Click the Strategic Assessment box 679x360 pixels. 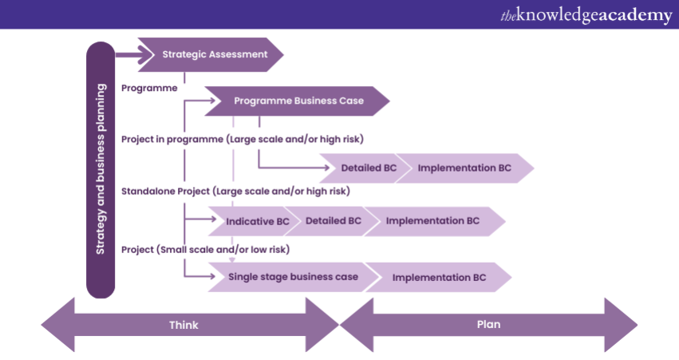coord(211,55)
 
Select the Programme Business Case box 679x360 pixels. coord(298,101)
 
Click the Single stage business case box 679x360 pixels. coord(293,277)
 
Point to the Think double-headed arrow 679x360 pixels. coord(184,325)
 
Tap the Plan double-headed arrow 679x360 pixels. coord(488,325)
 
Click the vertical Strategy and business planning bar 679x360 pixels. coord(101,169)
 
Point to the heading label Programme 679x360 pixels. coord(149,88)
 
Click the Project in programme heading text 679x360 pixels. coord(242,139)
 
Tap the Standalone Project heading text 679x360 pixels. coord(235,192)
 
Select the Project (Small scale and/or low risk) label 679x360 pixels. coord(205,249)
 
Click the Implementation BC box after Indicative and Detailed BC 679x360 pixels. coord(433,220)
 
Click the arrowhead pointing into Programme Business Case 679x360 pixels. coord(213,101)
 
